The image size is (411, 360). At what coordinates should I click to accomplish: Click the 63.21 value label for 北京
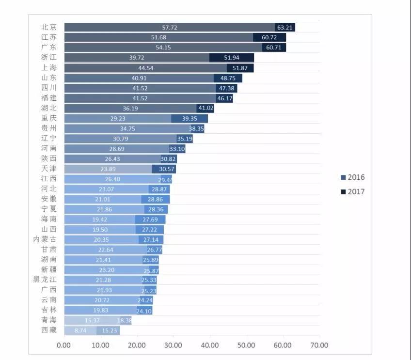coord(285,28)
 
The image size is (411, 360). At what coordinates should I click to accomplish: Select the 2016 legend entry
coord(353,177)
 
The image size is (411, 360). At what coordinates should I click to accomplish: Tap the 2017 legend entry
coord(353,191)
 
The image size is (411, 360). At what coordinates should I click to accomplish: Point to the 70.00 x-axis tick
coord(319,345)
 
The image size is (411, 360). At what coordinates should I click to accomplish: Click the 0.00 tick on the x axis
coord(64,345)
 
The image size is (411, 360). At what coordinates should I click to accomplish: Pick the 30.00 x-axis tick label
coord(173,345)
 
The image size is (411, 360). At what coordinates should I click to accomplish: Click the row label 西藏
coord(49,330)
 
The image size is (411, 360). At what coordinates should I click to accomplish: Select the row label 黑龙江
coord(45,280)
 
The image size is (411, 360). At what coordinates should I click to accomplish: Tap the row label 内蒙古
coord(45,239)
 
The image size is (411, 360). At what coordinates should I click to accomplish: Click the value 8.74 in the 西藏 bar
coord(81,331)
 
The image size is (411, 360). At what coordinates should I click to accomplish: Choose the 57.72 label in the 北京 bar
coord(170,28)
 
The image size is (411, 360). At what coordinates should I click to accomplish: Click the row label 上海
coord(49,68)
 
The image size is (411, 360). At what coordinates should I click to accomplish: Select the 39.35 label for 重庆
coord(190,119)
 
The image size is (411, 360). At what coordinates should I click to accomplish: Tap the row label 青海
coord(49,320)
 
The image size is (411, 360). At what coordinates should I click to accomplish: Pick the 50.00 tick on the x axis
coord(246,345)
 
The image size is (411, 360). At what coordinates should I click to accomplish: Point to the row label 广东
coord(49,47)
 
